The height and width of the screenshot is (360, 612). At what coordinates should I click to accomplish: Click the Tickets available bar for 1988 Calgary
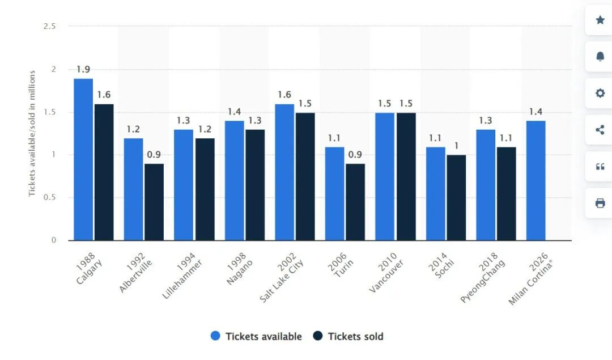pyautogui.click(x=83, y=159)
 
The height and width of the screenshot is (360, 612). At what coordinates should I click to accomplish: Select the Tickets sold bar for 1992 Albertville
pyautogui.click(x=154, y=202)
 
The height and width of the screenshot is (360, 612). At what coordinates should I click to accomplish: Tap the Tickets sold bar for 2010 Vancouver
pyautogui.click(x=406, y=176)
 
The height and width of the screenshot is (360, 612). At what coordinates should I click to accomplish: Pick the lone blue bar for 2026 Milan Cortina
pyautogui.click(x=536, y=180)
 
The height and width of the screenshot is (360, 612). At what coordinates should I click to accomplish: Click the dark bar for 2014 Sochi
pyautogui.click(x=456, y=197)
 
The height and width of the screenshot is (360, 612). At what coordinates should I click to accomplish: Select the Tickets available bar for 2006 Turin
pyautogui.click(x=335, y=193)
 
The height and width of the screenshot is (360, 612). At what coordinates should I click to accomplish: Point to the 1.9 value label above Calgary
pyautogui.click(x=83, y=70)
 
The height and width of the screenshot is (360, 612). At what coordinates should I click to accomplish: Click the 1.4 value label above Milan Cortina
pyautogui.click(x=536, y=112)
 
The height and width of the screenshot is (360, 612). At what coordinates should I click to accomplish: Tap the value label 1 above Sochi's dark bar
pyautogui.click(x=456, y=146)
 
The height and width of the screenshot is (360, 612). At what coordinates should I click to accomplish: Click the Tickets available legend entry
pyautogui.click(x=256, y=336)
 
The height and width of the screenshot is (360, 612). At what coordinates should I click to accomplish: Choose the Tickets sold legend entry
pyautogui.click(x=348, y=336)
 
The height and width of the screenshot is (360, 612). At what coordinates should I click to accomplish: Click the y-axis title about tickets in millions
pyautogui.click(x=32, y=133)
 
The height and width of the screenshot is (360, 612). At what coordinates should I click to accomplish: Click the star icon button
pyautogui.click(x=600, y=20)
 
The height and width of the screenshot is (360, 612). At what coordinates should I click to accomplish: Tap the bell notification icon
pyautogui.click(x=600, y=57)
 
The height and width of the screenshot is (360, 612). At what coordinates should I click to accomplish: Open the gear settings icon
pyautogui.click(x=600, y=94)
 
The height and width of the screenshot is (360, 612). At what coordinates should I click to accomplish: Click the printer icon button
pyautogui.click(x=600, y=204)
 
